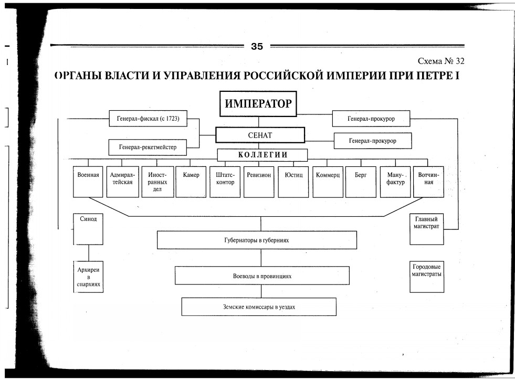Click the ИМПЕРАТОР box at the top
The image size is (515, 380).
[x=258, y=103]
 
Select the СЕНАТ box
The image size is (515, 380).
[x=260, y=135]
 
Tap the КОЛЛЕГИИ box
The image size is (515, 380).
[x=262, y=155]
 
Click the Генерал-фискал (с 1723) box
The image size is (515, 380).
[x=148, y=119]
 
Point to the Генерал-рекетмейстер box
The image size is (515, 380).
[x=148, y=147]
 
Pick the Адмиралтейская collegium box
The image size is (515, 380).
[x=123, y=182]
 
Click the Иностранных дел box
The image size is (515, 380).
[x=157, y=182]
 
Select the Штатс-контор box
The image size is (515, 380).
[x=225, y=182]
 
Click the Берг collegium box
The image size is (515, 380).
[x=361, y=182]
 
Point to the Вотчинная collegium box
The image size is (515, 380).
[x=428, y=182]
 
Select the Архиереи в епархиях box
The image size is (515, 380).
[x=88, y=277]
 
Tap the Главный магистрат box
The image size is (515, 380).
[x=426, y=228]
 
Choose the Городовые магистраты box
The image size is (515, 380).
[x=426, y=277]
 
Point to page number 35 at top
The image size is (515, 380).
[x=257, y=47]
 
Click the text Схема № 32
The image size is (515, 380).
[x=441, y=61]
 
